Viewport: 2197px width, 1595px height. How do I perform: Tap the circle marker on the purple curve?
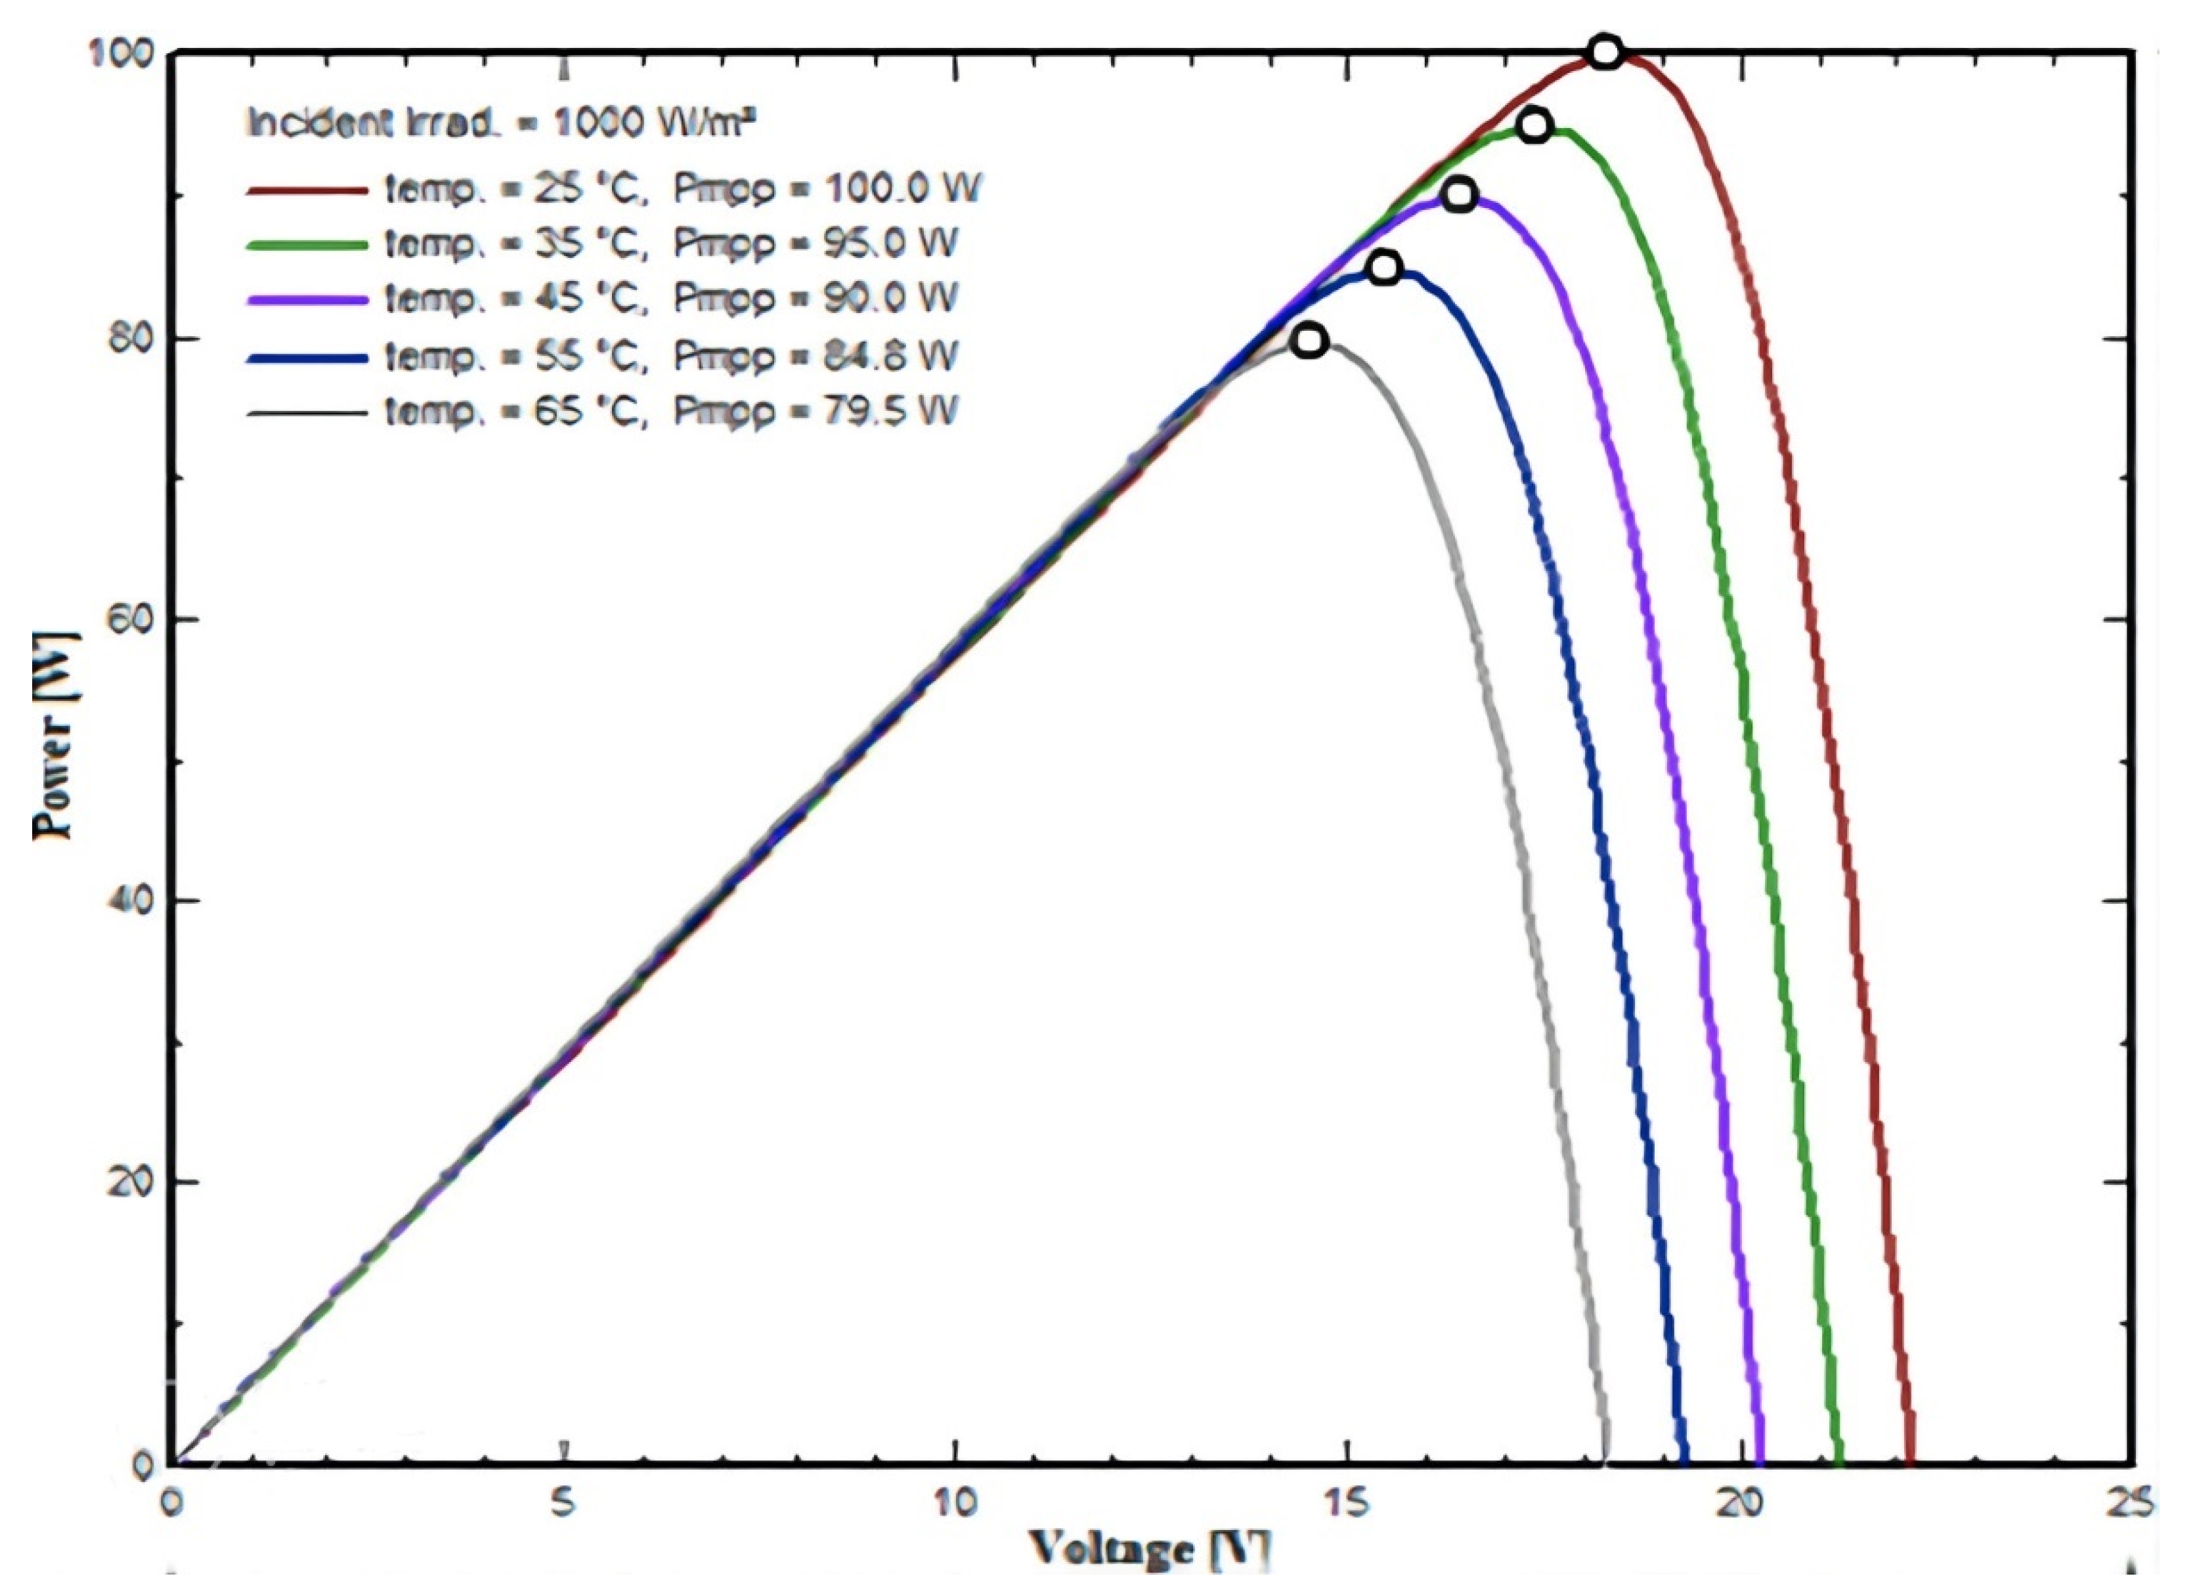1459,195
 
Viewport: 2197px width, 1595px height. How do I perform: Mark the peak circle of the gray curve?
1309,340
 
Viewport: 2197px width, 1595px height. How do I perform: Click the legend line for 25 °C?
307,190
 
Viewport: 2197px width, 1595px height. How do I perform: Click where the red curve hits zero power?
1909,1460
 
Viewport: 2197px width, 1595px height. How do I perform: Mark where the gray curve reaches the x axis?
1606,1460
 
